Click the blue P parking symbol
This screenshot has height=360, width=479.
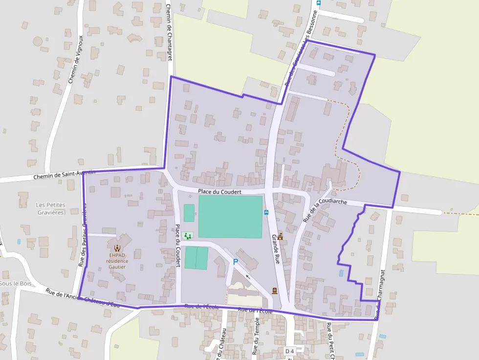point(236,262)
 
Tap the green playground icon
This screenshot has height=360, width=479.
point(187,236)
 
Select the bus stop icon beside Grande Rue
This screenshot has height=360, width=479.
point(266,212)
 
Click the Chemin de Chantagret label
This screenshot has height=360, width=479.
point(169,29)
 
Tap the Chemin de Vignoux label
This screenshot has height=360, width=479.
point(76,59)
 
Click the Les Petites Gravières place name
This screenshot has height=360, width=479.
point(51,209)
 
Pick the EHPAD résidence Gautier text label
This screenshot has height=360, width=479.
point(118,261)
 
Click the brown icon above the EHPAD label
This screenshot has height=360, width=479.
point(117,247)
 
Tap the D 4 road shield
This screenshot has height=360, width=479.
point(289,351)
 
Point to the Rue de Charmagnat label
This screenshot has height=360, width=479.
point(381,294)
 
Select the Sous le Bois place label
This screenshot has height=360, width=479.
point(16,284)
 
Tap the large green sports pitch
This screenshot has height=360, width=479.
point(230,217)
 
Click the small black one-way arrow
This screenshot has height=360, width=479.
point(247,276)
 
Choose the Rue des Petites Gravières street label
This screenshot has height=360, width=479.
point(84,235)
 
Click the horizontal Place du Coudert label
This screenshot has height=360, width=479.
point(220,192)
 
